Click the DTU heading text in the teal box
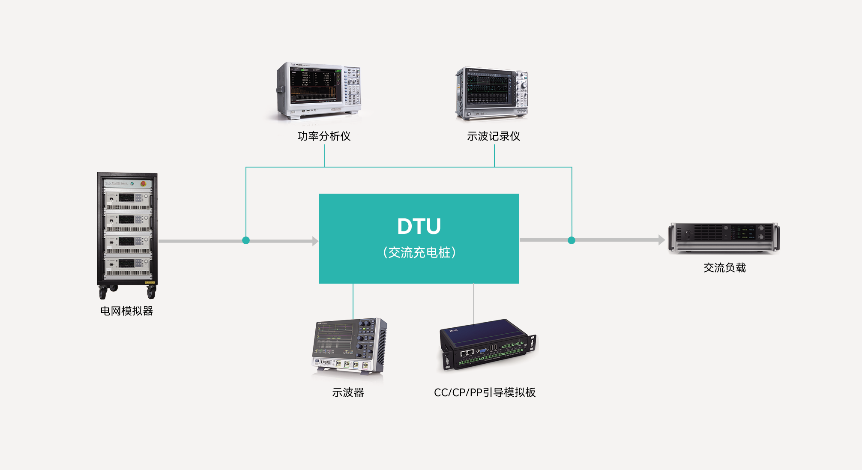419,226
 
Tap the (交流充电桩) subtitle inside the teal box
419,252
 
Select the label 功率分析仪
324,136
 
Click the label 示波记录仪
494,136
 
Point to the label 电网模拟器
126,311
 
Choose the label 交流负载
724,268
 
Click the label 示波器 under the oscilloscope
348,392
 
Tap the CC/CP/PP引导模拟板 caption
485,392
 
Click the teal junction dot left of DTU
246,240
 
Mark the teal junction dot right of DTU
572,240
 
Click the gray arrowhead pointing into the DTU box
315,241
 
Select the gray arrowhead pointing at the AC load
661,240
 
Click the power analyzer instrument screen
316,84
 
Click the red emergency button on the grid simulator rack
143,183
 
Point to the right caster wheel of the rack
151,293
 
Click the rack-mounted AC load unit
724,236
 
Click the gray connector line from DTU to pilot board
473,302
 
